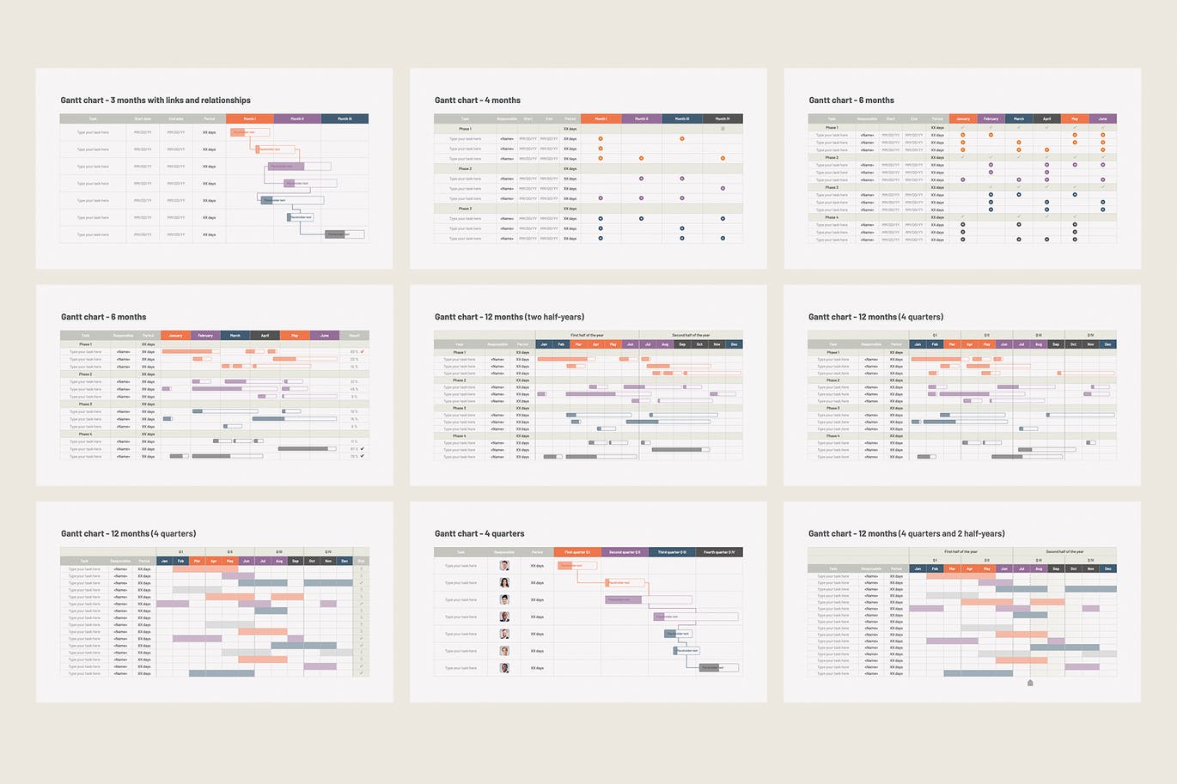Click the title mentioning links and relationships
click(x=156, y=100)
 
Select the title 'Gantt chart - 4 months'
click(x=478, y=100)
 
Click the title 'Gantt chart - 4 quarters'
click(x=479, y=533)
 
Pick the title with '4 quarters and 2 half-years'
click(x=906, y=533)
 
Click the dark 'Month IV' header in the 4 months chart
click(x=723, y=119)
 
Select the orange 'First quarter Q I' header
click(x=577, y=552)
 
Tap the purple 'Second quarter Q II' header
click(x=625, y=552)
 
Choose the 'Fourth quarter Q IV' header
click(x=719, y=552)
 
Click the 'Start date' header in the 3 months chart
click(x=143, y=119)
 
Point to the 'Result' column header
click(x=355, y=336)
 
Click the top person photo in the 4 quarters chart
click(x=504, y=566)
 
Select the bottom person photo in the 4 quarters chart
click(x=504, y=668)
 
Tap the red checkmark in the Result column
click(x=363, y=351)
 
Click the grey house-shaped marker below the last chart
click(x=1030, y=684)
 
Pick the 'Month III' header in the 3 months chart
click(x=345, y=119)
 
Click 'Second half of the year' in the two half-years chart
click(x=691, y=335)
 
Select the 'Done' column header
click(x=361, y=561)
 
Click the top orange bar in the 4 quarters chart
click(x=576, y=566)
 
